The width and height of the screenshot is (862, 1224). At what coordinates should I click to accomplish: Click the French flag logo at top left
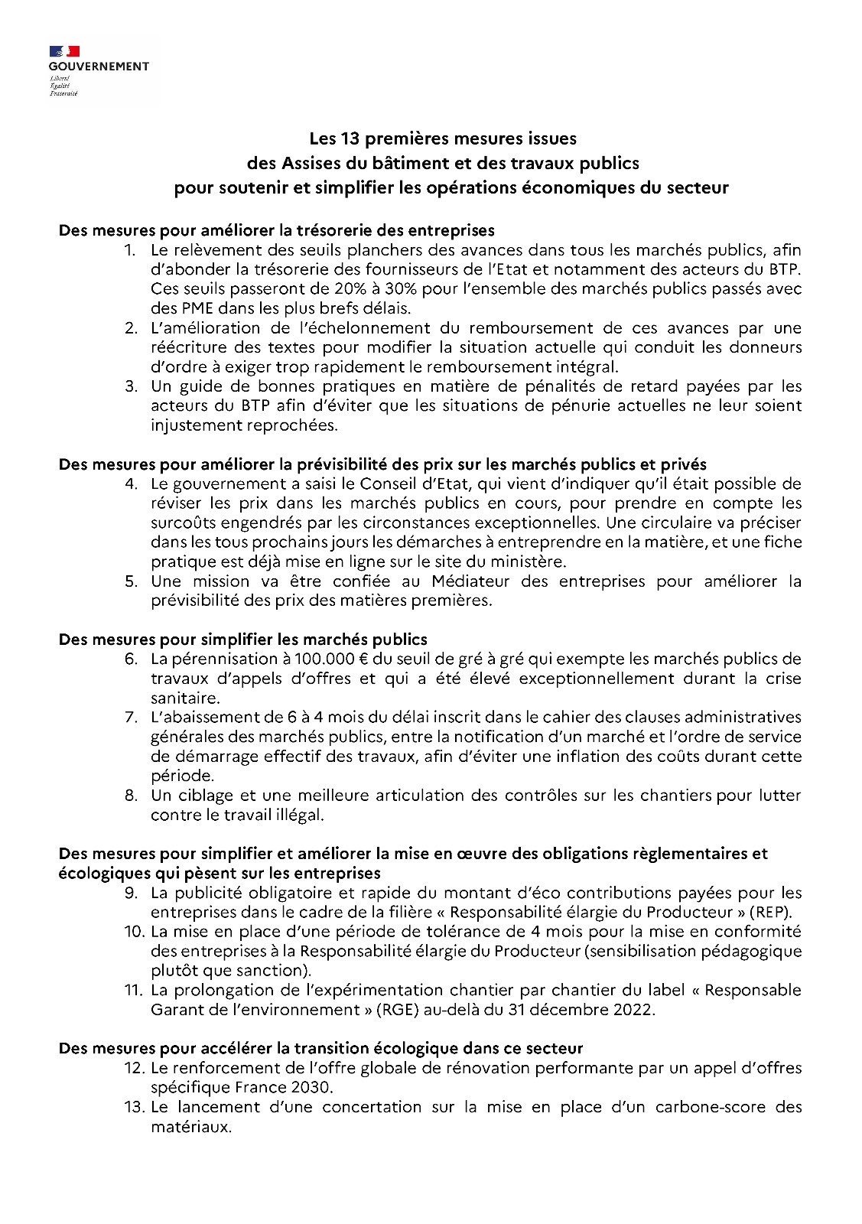click(x=65, y=51)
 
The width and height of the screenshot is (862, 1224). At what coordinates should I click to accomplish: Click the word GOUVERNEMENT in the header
click(x=99, y=67)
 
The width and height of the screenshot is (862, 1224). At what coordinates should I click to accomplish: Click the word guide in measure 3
click(x=198, y=386)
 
